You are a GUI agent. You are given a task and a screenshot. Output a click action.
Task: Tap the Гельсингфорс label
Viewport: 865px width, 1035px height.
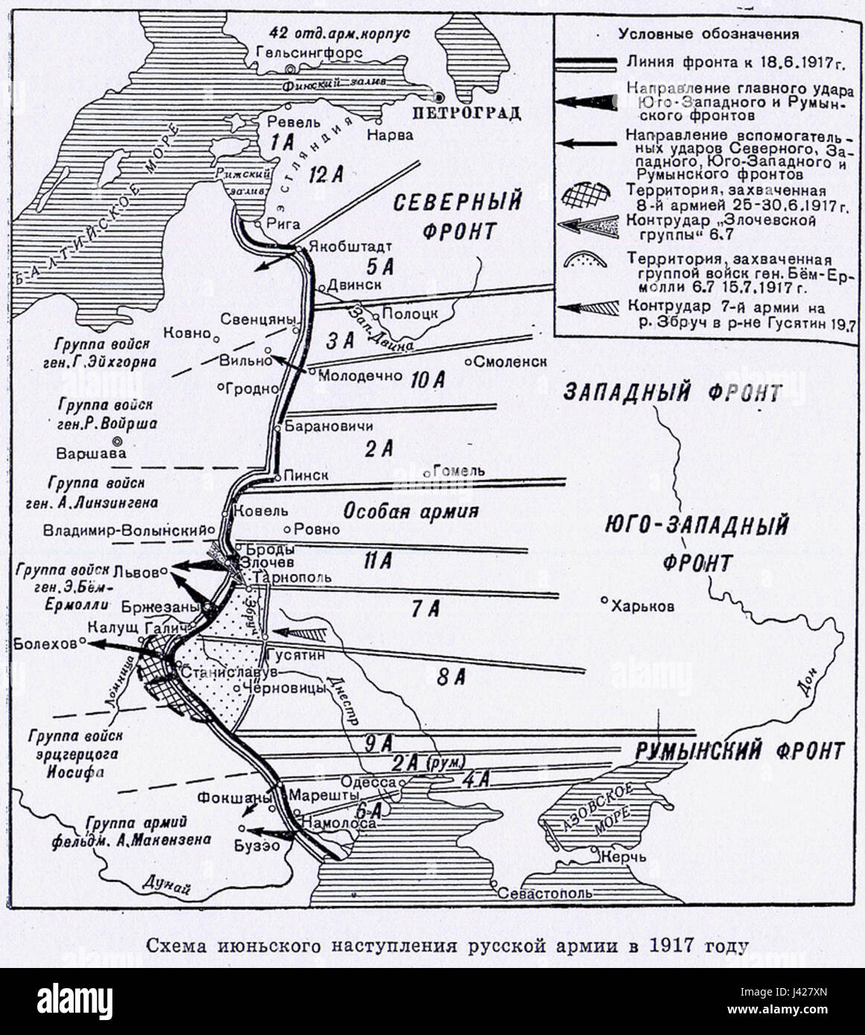coord(309,54)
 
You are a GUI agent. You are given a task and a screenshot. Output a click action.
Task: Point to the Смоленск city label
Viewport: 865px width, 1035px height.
coord(510,361)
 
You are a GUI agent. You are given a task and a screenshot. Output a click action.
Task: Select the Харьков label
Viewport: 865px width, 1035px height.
coord(643,606)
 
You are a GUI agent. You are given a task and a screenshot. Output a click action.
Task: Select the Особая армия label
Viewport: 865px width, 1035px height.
coord(409,512)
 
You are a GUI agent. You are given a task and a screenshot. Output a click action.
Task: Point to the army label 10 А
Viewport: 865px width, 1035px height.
coord(427,381)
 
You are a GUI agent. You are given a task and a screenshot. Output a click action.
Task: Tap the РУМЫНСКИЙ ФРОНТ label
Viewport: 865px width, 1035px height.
coord(740,751)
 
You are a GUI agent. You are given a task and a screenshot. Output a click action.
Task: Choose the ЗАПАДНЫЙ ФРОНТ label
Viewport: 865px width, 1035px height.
coord(672,393)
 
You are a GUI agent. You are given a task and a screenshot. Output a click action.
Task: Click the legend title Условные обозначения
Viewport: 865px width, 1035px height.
coord(709,34)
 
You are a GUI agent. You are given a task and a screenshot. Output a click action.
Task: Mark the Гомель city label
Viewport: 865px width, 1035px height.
coord(459,471)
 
